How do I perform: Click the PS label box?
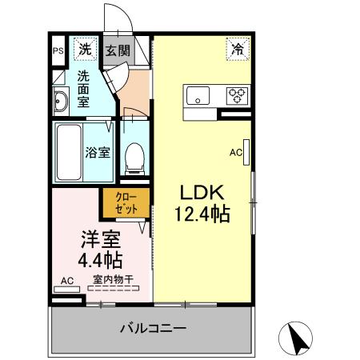[x=58, y=51]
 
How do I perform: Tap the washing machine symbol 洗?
[x=84, y=50]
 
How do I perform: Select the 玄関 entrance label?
[x=117, y=50]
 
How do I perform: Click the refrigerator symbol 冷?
[x=238, y=50]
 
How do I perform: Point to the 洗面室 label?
[x=84, y=88]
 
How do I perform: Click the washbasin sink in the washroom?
[x=61, y=100]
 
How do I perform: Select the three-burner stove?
[x=237, y=95]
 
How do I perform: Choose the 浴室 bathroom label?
[x=98, y=152]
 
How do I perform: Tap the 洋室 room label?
[x=100, y=238]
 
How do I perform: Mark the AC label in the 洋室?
[x=67, y=281]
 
